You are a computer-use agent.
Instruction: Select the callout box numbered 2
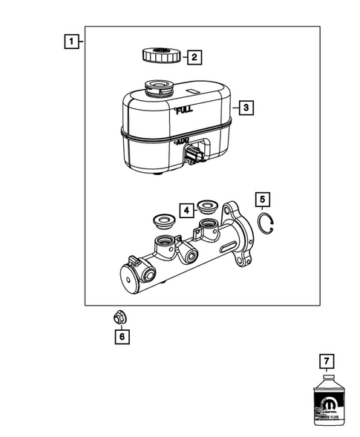pyautogui.click(x=193, y=56)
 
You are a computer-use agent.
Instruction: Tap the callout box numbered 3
pyautogui.click(x=247, y=107)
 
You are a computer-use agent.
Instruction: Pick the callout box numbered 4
pyautogui.click(x=186, y=209)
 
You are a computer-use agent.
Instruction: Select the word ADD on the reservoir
pyautogui.click(x=182, y=140)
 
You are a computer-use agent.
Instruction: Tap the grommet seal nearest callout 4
pyautogui.click(x=206, y=210)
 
